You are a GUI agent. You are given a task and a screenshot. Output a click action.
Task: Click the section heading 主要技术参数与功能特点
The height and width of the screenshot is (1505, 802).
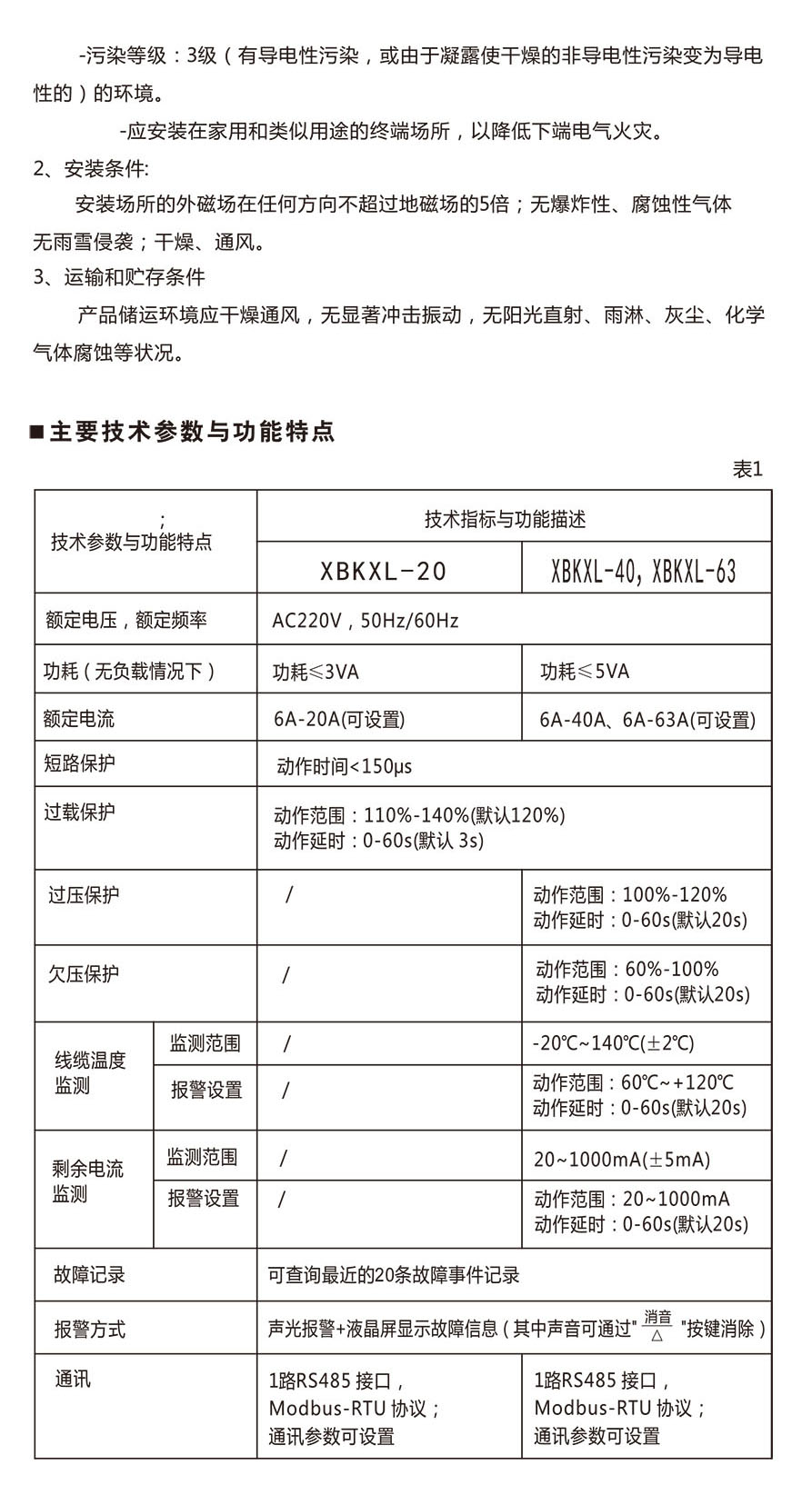pos(192,432)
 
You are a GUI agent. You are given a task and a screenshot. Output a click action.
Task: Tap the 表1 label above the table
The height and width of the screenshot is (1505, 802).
pos(747,469)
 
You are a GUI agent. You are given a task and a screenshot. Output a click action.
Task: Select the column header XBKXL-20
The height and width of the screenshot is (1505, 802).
pos(384,571)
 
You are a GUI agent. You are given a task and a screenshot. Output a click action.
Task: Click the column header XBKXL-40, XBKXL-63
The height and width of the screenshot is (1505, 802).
pos(644,571)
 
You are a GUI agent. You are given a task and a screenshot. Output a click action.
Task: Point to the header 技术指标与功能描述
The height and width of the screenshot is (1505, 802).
pos(505,519)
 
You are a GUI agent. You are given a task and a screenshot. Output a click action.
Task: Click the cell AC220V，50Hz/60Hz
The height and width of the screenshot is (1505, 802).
pos(366,621)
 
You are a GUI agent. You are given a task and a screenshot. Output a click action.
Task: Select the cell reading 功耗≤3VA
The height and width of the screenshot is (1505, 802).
pos(316,672)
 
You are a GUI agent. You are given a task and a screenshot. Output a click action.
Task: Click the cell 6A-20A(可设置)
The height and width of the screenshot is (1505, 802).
pos(339,720)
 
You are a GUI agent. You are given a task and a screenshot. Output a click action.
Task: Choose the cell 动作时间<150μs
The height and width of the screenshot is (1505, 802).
pos(345,766)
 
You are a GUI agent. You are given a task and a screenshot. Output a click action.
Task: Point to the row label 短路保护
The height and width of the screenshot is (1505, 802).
pos(80,762)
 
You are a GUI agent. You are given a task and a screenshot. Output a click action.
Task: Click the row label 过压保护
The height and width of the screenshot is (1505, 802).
pos(84,895)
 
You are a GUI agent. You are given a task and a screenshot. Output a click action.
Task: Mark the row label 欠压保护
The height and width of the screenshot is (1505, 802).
pos(84,974)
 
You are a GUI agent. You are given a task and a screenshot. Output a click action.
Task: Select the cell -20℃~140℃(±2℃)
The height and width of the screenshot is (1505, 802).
pos(614,1043)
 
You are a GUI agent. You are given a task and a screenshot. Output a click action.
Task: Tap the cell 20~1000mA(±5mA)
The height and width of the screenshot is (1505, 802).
pos(622,1159)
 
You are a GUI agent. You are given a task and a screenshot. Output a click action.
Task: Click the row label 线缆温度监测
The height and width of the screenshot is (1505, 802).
pos(90,1073)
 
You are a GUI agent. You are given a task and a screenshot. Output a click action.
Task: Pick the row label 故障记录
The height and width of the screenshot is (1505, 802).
pos(89,1275)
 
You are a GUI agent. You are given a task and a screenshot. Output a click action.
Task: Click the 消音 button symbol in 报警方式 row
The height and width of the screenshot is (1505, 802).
pos(657,1325)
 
